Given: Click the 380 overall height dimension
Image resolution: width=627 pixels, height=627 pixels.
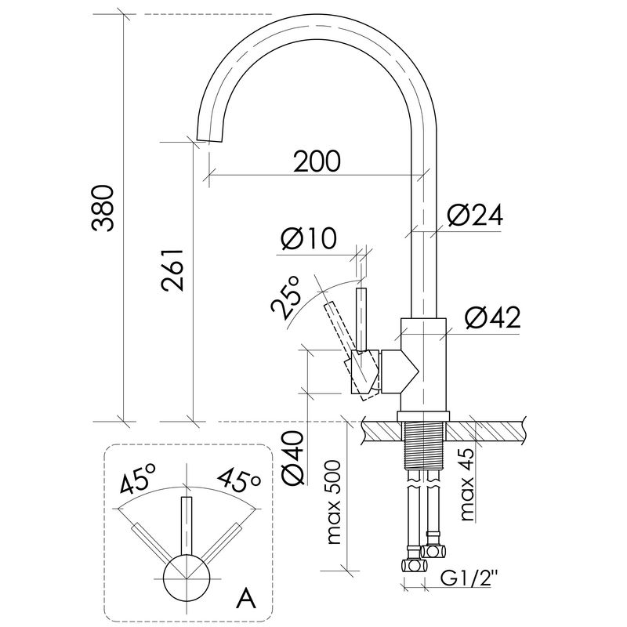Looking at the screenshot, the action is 103,208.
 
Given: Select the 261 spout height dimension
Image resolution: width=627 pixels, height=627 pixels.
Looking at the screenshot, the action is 172,270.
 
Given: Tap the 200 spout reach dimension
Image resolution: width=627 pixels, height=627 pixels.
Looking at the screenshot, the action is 317,161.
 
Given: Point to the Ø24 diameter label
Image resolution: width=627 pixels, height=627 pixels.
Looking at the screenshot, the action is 475,215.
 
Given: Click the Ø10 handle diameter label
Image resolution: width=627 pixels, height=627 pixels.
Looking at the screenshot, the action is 309,238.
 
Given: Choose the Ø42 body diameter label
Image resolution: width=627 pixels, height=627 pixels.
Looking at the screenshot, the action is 493,318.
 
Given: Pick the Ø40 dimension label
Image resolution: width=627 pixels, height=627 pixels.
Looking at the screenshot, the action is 293,457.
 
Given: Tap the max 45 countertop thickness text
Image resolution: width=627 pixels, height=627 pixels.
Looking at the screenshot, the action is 466,484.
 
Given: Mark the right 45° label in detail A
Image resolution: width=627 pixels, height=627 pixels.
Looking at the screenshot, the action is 239,479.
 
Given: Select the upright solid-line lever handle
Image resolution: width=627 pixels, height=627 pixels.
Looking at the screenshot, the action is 361,320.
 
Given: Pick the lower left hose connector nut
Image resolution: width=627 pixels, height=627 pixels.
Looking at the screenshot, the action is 414,566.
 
